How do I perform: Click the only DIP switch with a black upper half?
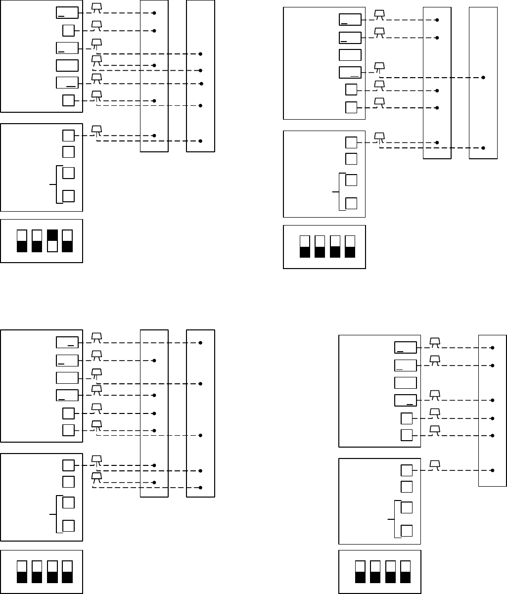(52, 235)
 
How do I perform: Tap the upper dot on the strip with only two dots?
(483, 78)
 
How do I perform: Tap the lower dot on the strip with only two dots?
(483, 148)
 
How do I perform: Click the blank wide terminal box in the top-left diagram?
(67, 65)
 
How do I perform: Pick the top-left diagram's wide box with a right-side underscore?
(67, 83)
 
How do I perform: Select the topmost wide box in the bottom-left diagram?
(67, 342)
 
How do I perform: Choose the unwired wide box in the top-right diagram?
(350, 55)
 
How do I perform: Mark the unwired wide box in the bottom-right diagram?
(406, 383)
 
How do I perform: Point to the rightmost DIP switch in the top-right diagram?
(350, 246)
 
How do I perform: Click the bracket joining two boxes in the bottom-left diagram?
(58, 514)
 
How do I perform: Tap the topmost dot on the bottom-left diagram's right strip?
(200, 342)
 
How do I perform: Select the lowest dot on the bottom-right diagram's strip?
(493, 470)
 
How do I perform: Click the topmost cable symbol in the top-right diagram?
(379, 14)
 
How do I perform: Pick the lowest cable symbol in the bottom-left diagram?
(97, 476)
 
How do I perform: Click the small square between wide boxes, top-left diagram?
(68, 30)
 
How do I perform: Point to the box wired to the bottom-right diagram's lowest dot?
(406, 470)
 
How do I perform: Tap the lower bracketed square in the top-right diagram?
(351, 203)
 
